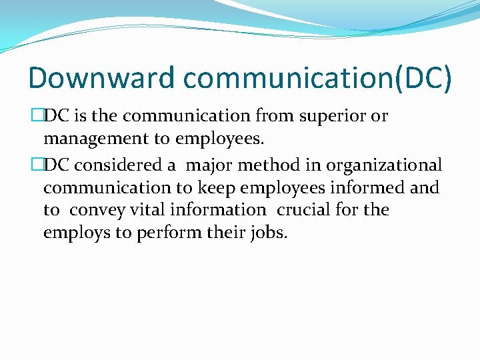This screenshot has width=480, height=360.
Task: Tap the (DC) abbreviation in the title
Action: [x=422, y=77]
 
